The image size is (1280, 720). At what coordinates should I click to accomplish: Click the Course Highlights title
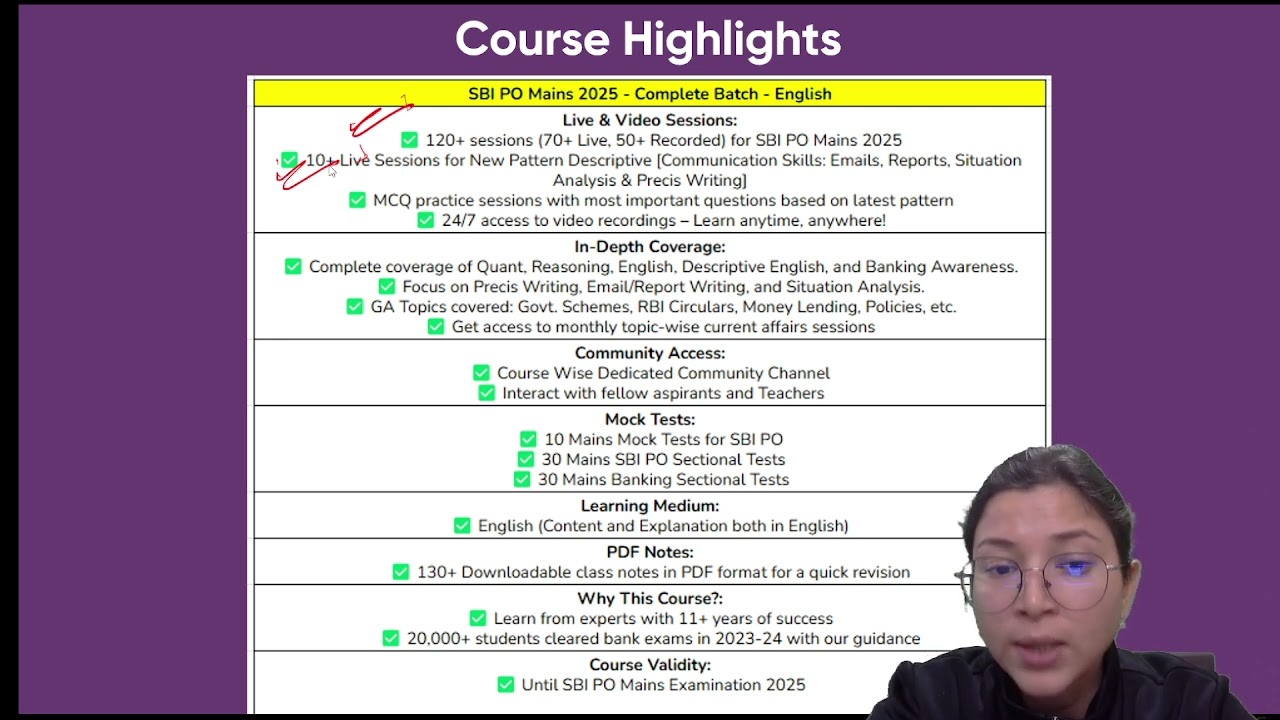pos(648,39)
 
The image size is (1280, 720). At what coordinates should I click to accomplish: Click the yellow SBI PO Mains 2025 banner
pos(650,94)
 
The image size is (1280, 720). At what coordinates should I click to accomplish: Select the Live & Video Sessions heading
pos(650,120)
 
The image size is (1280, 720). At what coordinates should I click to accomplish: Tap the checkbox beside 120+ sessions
pos(409,140)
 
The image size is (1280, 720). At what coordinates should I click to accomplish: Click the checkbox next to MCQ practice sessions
pos(357,200)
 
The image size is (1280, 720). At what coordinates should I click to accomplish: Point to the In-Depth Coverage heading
pos(650,247)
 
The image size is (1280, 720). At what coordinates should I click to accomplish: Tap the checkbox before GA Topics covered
pos(354,307)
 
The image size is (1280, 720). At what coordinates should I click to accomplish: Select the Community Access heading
pos(650,353)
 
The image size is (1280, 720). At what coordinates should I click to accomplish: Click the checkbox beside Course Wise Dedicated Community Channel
pos(481,373)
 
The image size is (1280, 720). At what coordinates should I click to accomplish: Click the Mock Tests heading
pos(650,419)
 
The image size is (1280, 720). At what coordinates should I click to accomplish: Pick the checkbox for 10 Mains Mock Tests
pos(528,439)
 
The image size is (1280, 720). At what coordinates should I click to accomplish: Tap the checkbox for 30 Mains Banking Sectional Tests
pos(522,479)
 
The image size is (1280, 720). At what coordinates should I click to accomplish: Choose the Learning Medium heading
pos(650,506)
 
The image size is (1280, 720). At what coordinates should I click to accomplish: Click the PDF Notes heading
pos(650,552)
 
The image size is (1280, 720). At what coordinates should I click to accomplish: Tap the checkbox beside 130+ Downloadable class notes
pos(401,572)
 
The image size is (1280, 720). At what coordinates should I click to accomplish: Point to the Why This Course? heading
pos(650,598)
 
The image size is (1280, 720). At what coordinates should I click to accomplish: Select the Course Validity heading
pos(650,665)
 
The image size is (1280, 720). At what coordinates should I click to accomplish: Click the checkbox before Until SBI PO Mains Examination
pos(506,685)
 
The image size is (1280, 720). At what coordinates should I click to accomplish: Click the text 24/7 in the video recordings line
pos(459,221)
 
